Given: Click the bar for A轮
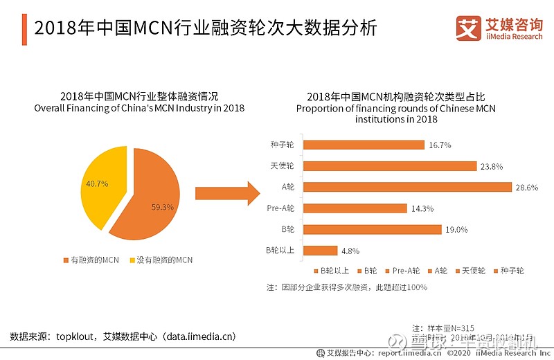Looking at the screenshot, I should pyautogui.click(x=407, y=187).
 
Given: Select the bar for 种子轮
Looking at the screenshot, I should pyautogui.click(x=364, y=145).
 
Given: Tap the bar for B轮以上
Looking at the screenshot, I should pyautogui.click(x=321, y=250).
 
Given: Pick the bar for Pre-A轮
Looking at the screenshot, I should pyautogui.click(x=355, y=208).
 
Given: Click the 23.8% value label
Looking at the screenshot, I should pyautogui.click(x=492, y=166).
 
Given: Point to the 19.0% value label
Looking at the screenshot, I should pyautogui.click(x=457, y=229).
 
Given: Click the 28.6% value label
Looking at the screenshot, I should pyautogui.click(x=527, y=187).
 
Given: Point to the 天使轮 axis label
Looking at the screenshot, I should pyautogui.click(x=283, y=166).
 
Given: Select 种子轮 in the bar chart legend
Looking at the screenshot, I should pyautogui.click(x=508, y=271).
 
